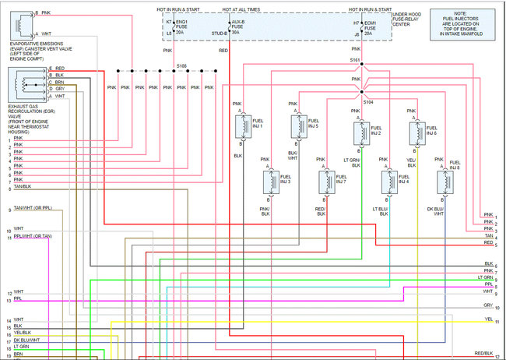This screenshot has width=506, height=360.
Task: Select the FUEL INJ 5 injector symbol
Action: point(297,125)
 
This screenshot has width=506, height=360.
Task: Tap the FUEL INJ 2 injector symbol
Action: point(360,133)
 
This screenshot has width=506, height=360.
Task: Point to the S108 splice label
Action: point(181,65)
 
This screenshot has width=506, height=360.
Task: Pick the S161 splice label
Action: point(356,60)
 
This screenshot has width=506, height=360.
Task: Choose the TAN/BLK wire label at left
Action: point(23,188)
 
